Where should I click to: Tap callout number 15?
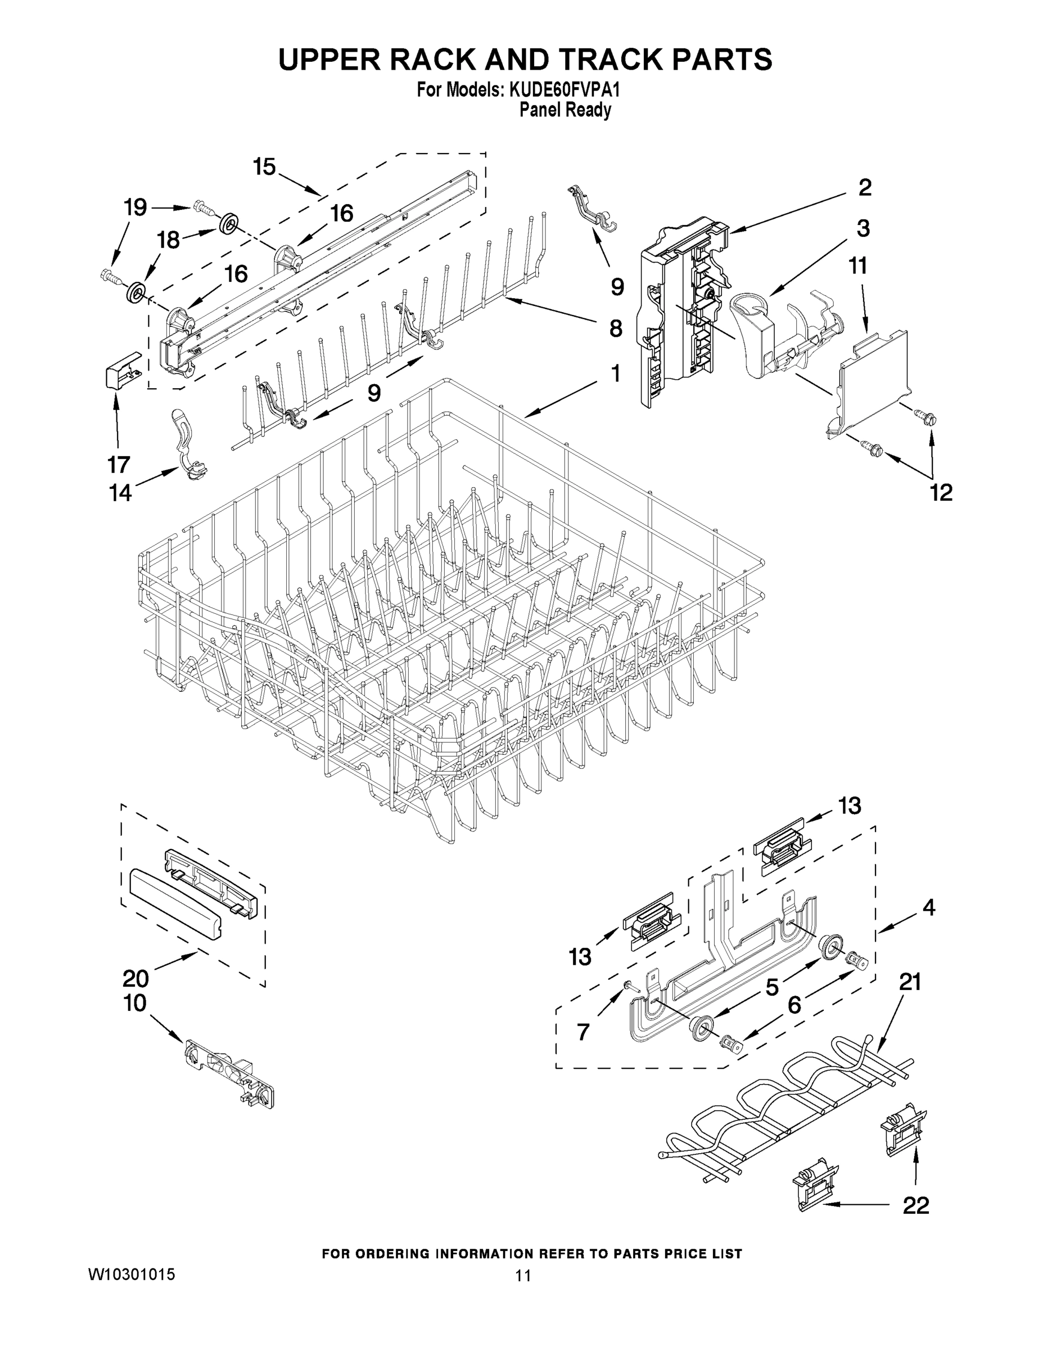[x=264, y=167]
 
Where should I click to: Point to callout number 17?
[x=119, y=463]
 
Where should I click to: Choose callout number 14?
[x=120, y=493]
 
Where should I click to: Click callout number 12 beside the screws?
[x=941, y=492]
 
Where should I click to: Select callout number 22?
[x=916, y=1205]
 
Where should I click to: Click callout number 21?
[x=910, y=981]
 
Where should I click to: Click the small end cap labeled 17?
[x=121, y=370]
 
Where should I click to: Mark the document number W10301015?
[x=132, y=1274]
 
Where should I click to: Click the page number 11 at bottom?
[x=523, y=1275]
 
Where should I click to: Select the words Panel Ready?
[x=565, y=111]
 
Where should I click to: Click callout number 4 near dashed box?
[x=929, y=907]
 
